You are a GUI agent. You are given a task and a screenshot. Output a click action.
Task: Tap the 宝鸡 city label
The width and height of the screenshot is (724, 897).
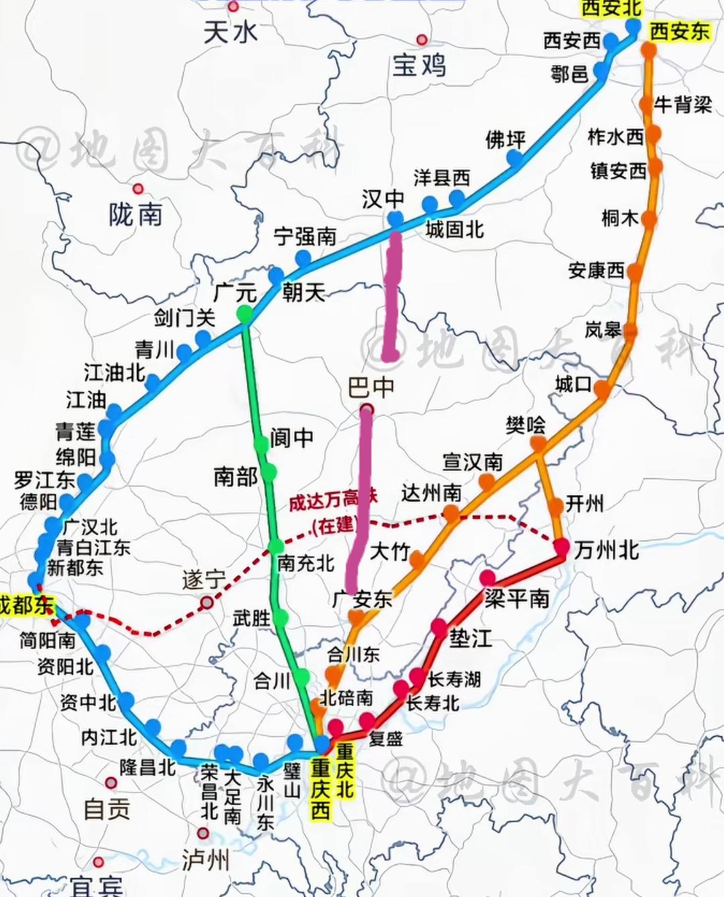point(419,65)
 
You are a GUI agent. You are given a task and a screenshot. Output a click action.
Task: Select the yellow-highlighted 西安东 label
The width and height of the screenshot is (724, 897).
point(679,31)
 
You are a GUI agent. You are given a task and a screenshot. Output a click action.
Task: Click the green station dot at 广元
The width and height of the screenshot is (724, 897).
point(245,313)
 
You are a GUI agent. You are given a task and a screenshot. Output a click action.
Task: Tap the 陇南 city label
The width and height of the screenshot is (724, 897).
point(135,214)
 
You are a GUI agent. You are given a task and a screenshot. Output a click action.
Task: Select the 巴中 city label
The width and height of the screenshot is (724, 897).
point(371,387)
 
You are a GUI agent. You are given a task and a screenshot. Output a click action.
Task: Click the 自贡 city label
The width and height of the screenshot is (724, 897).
point(107,808)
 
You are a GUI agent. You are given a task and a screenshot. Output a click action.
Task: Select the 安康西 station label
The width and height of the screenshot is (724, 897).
point(596,270)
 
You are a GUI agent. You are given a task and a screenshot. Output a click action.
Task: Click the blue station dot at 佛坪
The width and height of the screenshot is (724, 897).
point(515,158)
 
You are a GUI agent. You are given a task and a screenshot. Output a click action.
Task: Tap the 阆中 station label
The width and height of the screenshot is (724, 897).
point(292,437)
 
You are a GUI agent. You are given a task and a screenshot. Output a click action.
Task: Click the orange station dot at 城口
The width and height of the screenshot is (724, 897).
point(601,389)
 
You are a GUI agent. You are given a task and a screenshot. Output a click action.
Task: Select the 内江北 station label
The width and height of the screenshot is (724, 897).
point(109,737)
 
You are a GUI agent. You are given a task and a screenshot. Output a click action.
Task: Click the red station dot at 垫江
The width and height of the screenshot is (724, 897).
point(438,628)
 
